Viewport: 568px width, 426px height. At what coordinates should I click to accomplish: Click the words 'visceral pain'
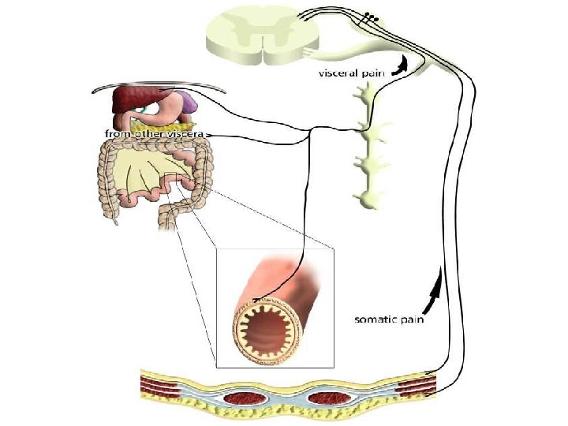[x=350, y=73]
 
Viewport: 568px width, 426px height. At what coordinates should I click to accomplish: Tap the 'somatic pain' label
[x=389, y=319]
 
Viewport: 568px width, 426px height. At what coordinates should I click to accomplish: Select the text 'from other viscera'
[x=155, y=134]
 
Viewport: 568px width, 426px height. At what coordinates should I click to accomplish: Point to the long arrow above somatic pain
[x=435, y=289]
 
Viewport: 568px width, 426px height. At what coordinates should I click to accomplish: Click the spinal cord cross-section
[x=263, y=35]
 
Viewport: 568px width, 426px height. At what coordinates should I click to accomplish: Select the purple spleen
[x=188, y=101]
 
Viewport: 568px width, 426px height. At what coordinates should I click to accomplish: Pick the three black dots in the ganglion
[x=372, y=17]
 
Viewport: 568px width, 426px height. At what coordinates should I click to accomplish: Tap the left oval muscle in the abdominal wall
[x=245, y=398]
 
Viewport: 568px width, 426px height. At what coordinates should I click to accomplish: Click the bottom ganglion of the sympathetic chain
[x=369, y=199]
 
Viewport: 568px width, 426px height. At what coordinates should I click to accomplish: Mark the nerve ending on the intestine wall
[x=256, y=300]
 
